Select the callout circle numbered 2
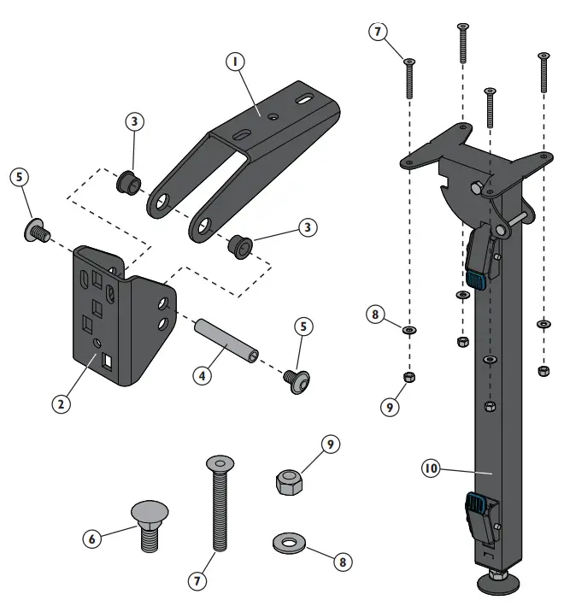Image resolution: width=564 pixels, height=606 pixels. [x=60, y=403]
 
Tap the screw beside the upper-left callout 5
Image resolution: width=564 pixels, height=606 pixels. [x=37, y=229]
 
